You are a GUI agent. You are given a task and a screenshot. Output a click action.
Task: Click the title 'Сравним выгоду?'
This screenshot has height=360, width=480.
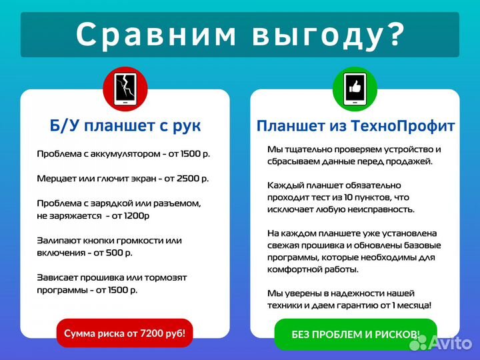point(240,35)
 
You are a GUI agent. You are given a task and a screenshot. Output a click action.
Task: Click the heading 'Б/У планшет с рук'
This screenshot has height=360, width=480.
point(125,126)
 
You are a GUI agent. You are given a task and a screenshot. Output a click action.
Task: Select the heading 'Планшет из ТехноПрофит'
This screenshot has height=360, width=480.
point(355,126)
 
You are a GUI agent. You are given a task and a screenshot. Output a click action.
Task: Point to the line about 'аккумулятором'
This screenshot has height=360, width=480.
point(123,154)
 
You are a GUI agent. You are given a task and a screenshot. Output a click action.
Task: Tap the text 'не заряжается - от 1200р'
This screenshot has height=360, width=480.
point(93,215)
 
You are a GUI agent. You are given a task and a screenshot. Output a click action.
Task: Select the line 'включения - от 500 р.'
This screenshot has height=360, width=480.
point(85,253)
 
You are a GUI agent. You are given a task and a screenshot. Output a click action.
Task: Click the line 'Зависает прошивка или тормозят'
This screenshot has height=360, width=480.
point(112,277)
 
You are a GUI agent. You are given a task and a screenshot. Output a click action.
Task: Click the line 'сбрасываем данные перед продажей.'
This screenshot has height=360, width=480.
point(350,161)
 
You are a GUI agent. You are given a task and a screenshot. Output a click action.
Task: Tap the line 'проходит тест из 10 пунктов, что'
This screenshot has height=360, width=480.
point(338,197)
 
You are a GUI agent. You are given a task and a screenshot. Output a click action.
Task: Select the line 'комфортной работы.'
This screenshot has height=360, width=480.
point(313,269)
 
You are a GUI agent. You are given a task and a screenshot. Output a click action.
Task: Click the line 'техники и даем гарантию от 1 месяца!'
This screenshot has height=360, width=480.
point(349,305)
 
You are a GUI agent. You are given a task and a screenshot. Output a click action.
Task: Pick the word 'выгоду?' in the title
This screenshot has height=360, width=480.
point(329,35)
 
